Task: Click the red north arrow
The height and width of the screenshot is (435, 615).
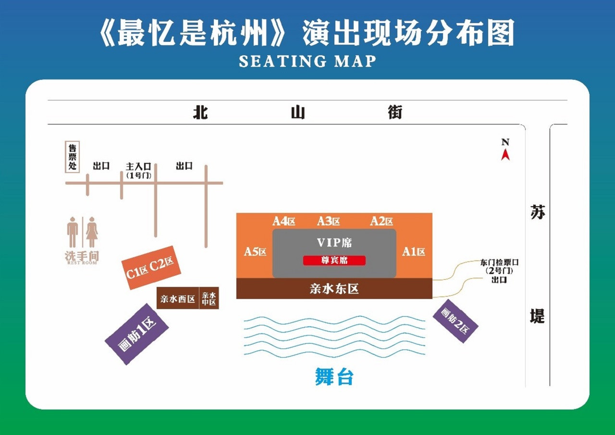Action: pos(505,155)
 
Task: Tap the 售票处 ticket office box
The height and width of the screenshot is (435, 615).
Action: pos(72,157)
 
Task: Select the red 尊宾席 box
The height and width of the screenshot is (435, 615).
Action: pos(334,261)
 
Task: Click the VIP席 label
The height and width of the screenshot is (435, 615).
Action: pos(334,243)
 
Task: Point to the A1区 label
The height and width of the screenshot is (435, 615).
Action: pos(414,251)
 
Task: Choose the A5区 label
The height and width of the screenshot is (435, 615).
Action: pos(255,251)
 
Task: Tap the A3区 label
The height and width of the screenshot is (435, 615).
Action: pos(328,221)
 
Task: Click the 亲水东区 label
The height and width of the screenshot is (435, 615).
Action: pos(334,288)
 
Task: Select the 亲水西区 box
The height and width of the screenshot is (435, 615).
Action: pos(178,298)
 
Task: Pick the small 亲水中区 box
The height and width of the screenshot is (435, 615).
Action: pos(209,298)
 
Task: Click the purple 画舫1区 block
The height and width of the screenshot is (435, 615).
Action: pos(137,334)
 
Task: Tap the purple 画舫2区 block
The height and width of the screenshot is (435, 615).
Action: pos(455,321)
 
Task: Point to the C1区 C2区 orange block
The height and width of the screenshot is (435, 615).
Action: pos(151,267)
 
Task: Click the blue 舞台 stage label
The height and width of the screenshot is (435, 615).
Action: pos(334,377)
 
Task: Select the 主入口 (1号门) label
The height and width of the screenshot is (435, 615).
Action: pos(139,171)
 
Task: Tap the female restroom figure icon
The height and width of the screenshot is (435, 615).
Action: pos(92,232)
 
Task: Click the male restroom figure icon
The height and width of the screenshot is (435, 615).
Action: pos(73,232)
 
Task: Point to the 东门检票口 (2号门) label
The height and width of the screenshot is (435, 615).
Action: pos(499,266)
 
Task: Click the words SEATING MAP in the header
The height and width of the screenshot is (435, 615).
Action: pos(307,61)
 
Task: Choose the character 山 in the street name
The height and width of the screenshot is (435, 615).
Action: pos(298,112)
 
